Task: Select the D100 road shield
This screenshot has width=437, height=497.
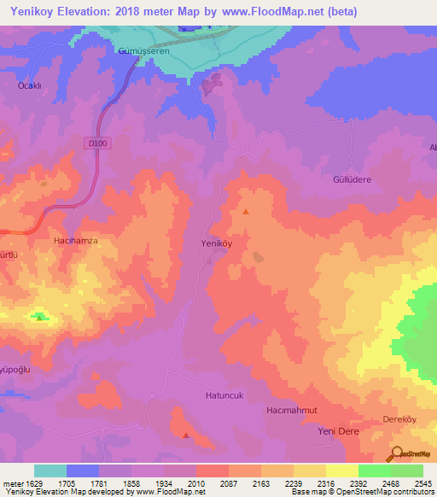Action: tap(97, 144)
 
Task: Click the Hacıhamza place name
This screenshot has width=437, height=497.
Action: tap(76, 242)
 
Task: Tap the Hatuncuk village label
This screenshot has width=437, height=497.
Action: tap(225, 395)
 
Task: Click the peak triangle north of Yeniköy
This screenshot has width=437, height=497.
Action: tap(246, 211)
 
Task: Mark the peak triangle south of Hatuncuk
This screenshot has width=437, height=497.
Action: tap(186, 435)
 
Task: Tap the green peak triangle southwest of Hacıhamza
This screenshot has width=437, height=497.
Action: tap(39, 318)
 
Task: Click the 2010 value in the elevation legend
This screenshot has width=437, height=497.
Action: tap(195, 483)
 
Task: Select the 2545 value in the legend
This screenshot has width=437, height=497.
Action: tap(422, 483)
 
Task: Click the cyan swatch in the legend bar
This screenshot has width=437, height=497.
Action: tap(50, 471)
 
